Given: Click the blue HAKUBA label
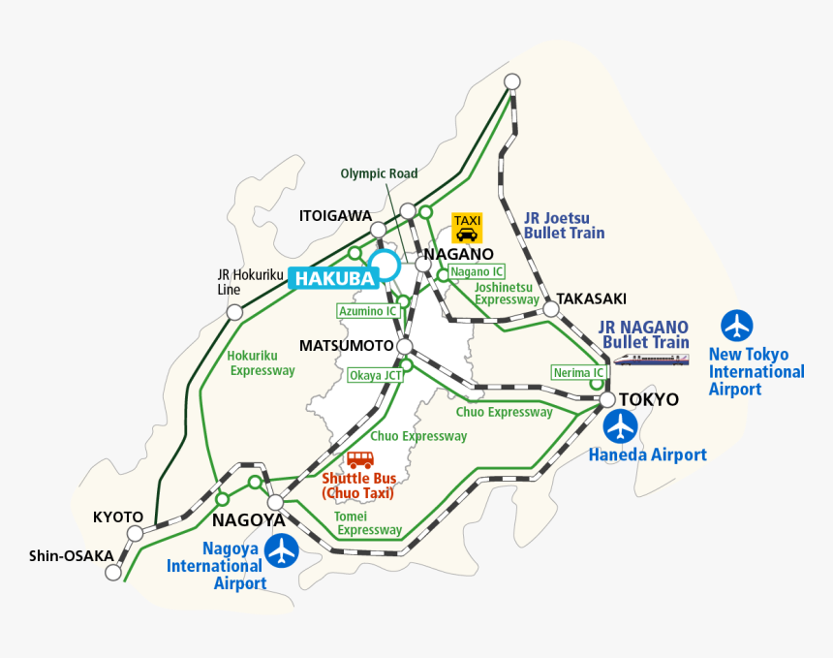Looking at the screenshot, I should click(333, 278).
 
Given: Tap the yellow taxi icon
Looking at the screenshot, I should click(467, 228).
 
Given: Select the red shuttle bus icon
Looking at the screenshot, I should click(360, 459).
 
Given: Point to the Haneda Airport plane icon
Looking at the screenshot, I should click(620, 425).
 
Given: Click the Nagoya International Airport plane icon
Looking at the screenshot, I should click(282, 550).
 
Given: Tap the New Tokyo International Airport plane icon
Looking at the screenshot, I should click(738, 326).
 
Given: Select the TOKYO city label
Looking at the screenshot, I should click(649, 399).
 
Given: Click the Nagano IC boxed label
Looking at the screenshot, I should click(477, 272).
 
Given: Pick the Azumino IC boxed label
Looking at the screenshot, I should click(367, 311).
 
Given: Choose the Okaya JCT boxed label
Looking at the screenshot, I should click(376, 375).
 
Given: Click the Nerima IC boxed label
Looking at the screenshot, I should click(578, 372).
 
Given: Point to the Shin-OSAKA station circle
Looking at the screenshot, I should click(113, 572).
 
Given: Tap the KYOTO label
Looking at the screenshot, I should click(118, 517).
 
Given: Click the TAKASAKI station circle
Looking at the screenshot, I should click(551, 308).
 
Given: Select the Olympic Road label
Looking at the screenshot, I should click(379, 173).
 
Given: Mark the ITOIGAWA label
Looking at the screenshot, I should click(335, 214).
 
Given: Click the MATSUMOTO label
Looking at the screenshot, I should click(346, 346).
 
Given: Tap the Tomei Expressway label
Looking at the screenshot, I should click(368, 523).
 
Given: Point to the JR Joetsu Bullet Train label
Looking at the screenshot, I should click(564, 225).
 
